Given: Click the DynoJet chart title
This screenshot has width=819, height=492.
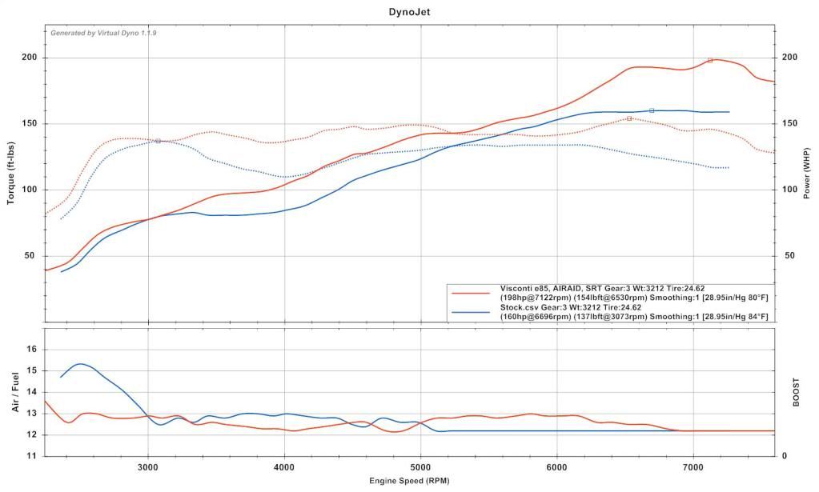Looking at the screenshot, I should coord(409,12).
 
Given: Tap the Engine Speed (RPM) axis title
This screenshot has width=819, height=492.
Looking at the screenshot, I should coord(409,482).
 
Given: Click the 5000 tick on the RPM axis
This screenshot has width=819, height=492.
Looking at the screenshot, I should coord(420,466).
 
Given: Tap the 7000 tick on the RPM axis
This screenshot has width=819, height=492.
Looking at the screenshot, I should coord(693,466).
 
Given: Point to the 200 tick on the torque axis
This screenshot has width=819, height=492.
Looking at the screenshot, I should coord(29,58).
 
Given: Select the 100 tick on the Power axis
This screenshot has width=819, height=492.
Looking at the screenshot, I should coord(789,190).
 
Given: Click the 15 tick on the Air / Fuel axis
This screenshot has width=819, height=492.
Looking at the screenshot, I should coord(32,370).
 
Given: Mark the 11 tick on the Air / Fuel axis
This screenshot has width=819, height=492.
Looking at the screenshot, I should coord(32,456).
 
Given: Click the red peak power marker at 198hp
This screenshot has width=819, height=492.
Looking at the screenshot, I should coord(710,60).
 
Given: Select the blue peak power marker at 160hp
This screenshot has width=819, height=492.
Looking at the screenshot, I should coord(652,110).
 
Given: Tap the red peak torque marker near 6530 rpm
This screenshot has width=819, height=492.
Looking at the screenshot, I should coord(629,118).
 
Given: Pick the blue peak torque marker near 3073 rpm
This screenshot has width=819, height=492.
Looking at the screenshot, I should coord(158,141).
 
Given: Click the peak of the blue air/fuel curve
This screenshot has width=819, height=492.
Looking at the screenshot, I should coord(81,364).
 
